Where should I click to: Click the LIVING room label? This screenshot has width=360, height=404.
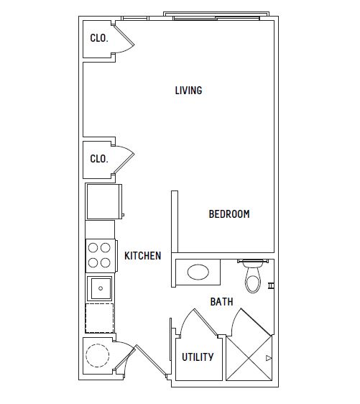click(x=188, y=91)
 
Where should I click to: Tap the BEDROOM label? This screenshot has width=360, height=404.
click(x=229, y=214)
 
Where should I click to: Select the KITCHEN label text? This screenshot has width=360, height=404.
click(x=143, y=256)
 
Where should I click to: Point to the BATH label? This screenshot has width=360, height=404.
click(x=222, y=302)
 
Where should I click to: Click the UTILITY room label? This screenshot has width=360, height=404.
click(x=198, y=357)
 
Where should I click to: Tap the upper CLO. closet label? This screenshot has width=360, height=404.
click(x=99, y=38)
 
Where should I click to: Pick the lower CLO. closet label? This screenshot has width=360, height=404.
click(x=99, y=159)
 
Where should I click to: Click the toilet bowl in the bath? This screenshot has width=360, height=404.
click(x=253, y=280)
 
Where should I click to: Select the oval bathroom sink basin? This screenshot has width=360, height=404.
click(x=198, y=272)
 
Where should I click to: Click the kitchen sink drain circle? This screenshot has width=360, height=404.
click(x=101, y=288)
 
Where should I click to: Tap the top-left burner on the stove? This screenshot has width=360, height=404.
click(x=93, y=247)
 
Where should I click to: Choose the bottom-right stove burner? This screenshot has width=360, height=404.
click(x=106, y=263)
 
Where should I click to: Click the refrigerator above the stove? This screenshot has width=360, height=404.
click(x=103, y=201)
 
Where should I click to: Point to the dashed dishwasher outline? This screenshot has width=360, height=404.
click(x=99, y=318)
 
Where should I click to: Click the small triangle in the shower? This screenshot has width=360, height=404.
click(x=269, y=358)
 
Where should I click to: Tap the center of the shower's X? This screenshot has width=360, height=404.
click(x=249, y=358)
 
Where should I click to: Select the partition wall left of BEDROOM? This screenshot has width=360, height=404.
click(x=175, y=221)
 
